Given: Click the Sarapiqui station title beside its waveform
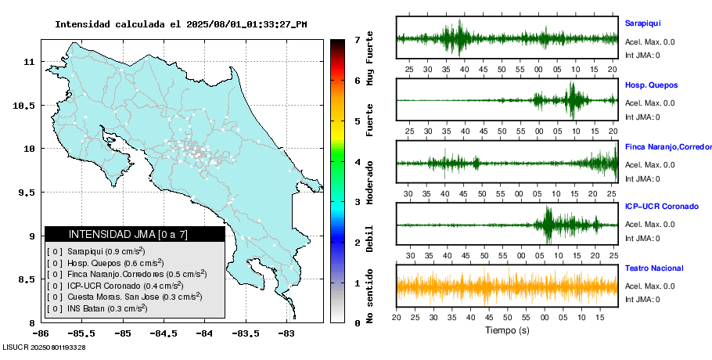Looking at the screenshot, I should coord(642,23).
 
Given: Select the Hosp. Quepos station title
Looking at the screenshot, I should coord(651,85).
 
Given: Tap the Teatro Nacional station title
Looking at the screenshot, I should coord(654,268).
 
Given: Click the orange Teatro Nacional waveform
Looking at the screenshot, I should coord(507,286).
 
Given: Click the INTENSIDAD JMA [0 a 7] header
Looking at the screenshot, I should coord(135,234).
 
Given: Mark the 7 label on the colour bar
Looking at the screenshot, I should coord(357,39).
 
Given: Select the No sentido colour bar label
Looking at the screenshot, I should coord(370,297).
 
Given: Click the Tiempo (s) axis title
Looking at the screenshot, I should coord(507,330).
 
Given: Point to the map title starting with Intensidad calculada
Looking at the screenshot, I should coord(181,24).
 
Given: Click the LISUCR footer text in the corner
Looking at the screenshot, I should coord(45,347).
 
